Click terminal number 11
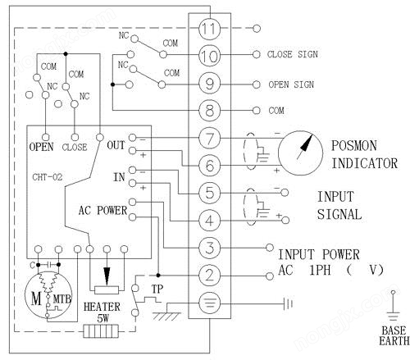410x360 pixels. [210, 28]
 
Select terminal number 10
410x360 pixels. [210, 56]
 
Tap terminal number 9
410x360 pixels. [210, 83]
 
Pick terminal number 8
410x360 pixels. [210, 110]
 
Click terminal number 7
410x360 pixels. [210, 137]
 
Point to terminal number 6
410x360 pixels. [210, 165]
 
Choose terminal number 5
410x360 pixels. [210, 192]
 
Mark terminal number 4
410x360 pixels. [210, 219]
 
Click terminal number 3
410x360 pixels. [210, 247]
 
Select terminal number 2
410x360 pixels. [210, 274]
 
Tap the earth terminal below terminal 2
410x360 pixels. [210, 302]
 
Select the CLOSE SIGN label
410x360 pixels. [293, 55]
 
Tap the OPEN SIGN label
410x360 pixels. [291, 84]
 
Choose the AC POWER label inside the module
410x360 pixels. [103, 210]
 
